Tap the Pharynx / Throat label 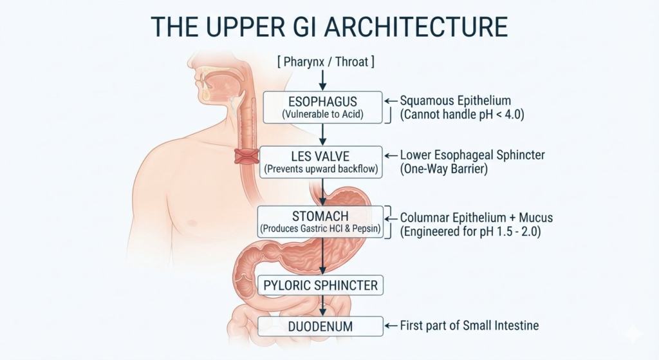tap(326, 62)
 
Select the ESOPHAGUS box tap(323, 108)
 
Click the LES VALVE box tap(321, 162)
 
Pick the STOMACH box tap(320, 222)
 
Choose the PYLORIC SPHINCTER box tap(320, 285)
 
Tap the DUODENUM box tap(320, 327)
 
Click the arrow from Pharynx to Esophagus tap(323, 81)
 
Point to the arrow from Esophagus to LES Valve tap(323, 135)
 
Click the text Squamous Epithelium tap(455, 101)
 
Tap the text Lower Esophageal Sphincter tap(472, 155)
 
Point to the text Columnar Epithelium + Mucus tap(476, 218)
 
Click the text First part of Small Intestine tap(469, 325)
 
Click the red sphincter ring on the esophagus tap(246, 156)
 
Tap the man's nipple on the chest tap(193, 222)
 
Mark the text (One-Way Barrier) tap(444, 169)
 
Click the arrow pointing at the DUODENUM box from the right tap(391, 326)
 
